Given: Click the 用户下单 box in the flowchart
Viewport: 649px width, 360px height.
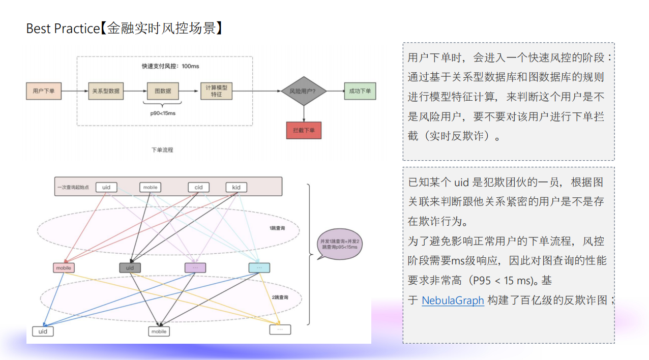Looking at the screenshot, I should (44, 91).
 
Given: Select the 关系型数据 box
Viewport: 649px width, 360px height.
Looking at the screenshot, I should (106, 91).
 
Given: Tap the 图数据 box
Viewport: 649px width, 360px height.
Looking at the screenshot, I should (163, 91).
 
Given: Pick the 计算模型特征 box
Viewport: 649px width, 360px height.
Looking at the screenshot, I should (216, 91).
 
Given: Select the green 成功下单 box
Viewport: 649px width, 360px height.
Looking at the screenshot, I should (360, 91).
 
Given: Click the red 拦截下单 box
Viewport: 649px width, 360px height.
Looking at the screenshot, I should (304, 131).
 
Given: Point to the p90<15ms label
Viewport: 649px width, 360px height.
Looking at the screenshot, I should (163, 113).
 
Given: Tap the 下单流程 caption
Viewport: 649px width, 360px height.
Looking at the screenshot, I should (163, 150).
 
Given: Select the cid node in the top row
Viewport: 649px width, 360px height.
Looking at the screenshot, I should (198, 187).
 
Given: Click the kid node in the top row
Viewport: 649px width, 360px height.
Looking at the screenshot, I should (236, 187).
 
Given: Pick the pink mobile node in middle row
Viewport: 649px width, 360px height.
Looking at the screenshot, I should (64, 267).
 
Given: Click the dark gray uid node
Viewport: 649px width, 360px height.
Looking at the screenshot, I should (130, 267).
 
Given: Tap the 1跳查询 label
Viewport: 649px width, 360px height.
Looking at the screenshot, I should (277, 228).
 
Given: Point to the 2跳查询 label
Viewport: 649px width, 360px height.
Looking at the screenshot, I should (279, 297).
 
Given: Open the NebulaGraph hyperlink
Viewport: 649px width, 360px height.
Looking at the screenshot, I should (453, 301).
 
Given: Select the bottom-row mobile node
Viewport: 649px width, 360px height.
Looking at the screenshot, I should (159, 331).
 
